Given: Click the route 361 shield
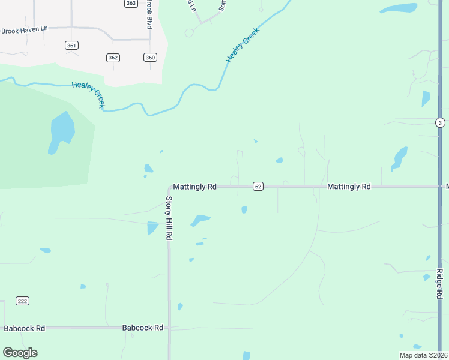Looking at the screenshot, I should [x=72, y=46].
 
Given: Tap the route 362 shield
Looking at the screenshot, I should [x=113, y=58].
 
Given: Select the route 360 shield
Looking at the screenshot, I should [x=150, y=58].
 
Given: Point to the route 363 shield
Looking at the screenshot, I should [x=131, y=3].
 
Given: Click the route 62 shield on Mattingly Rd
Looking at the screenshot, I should [x=258, y=187].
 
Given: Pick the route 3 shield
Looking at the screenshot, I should [x=440, y=122].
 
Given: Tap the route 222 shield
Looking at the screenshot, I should [x=23, y=301].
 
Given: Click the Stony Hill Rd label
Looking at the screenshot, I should [x=169, y=218].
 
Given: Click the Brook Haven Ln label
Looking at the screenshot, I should [x=24, y=31].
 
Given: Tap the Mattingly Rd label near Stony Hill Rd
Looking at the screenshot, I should [x=194, y=187].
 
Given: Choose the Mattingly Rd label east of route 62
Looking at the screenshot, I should [x=349, y=187].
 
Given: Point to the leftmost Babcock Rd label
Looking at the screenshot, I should [x=25, y=328].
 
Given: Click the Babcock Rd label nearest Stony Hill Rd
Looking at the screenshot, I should [x=143, y=328].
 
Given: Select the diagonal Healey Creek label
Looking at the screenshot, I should [x=243, y=45].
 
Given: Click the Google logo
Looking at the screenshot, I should [x=20, y=353].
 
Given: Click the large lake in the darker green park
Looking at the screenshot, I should [x=62, y=131].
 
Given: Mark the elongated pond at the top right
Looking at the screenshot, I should [x=399, y=8].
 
